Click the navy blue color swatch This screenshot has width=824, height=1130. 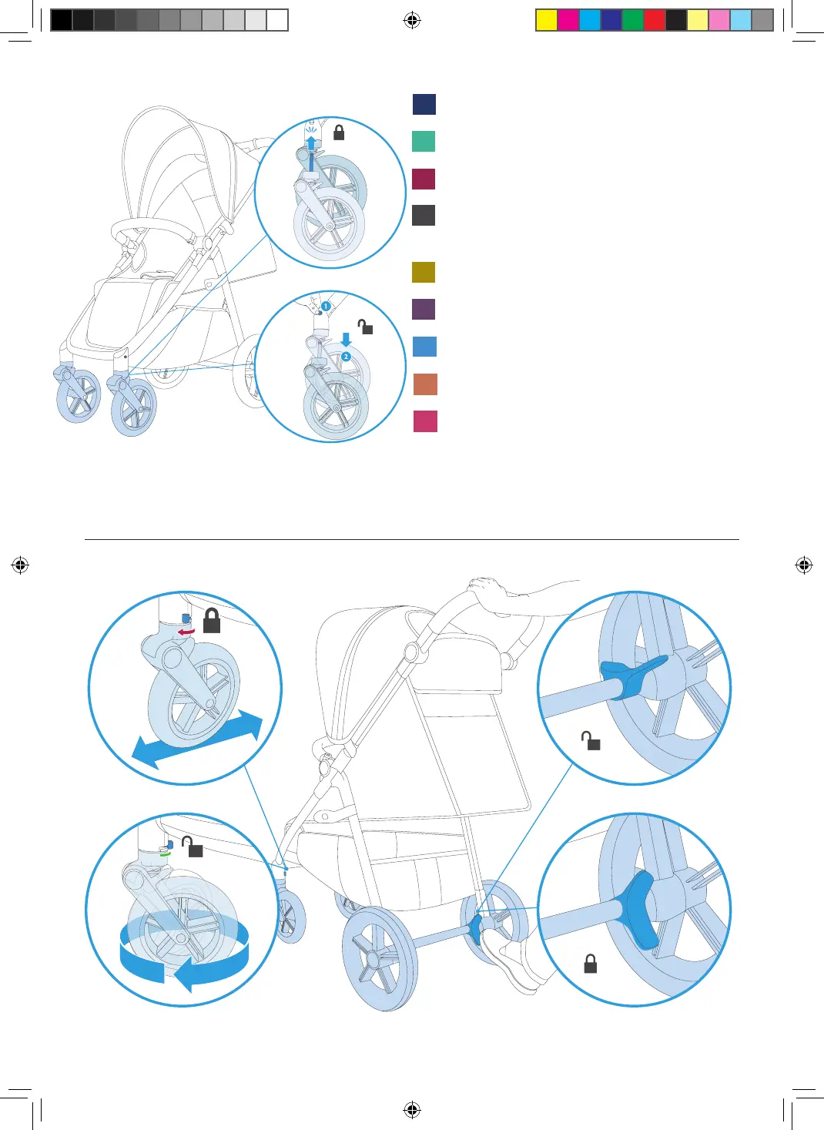point(424,104)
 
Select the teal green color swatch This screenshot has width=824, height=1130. point(424,142)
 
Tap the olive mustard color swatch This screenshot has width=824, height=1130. point(424,272)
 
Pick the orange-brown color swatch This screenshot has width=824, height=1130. point(425,384)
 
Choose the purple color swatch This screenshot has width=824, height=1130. point(424,309)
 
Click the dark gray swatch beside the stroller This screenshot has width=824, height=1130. point(424,215)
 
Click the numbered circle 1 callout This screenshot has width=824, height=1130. point(326,306)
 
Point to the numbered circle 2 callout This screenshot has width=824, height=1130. point(346,357)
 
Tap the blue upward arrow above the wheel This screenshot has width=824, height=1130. point(311,143)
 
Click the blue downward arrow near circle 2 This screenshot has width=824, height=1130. point(346,339)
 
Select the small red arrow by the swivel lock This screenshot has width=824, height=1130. point(186,632)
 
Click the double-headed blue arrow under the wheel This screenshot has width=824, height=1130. point(198,739)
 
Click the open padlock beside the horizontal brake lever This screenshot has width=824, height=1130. point(591,741)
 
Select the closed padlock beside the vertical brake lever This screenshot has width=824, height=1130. point(591,964)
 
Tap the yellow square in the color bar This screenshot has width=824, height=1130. point(546,20)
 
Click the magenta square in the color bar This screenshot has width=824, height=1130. point(568,20)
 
